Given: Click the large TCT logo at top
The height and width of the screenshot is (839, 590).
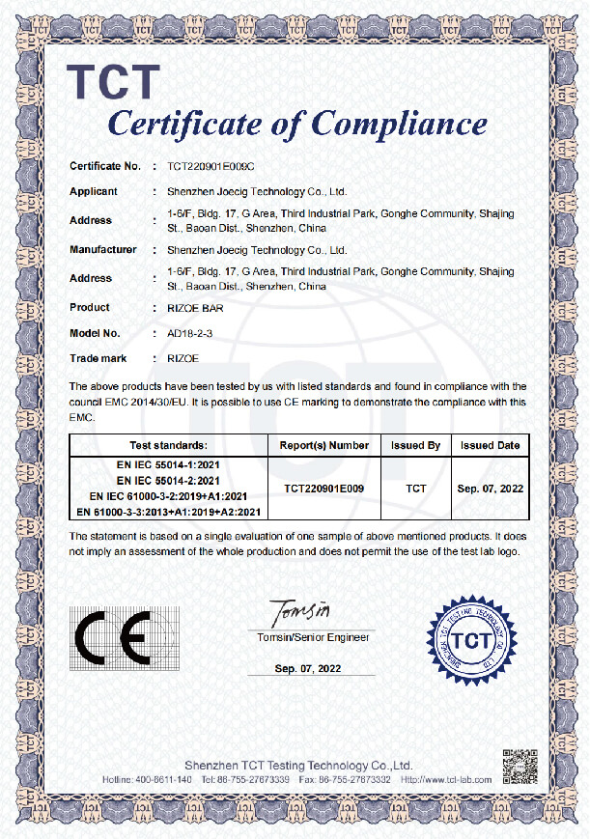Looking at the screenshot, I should click(x=112, y=81).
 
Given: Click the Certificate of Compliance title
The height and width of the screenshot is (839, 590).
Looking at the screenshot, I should click(x=297, y=124).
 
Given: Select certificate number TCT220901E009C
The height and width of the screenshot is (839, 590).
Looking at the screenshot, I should click(x=211, y=167).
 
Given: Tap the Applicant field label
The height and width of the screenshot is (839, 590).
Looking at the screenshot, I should click(x=94, y=191).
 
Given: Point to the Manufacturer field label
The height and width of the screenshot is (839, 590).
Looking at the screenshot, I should click(x=103, y=249).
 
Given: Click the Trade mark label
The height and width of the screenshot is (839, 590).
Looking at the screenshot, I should click(x=98, y=358).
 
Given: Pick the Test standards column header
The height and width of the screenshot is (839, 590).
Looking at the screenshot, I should click(x=168, y=445).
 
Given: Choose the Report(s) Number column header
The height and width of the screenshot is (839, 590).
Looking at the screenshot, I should click(x=324, y=445).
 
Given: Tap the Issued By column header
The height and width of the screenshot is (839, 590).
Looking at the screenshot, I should click(x=416, y=445).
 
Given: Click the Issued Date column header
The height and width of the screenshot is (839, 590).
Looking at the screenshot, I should click(x=490, y=445).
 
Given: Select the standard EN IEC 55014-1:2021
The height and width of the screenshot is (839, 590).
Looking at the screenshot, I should click(x=169, y=465).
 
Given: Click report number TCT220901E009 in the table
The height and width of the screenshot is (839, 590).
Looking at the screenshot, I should click(x=324, y=489).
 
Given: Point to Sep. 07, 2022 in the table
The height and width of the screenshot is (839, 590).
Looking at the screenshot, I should click(x=490, y=489).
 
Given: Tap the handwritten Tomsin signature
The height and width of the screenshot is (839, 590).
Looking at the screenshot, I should click(x=301, y=611).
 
